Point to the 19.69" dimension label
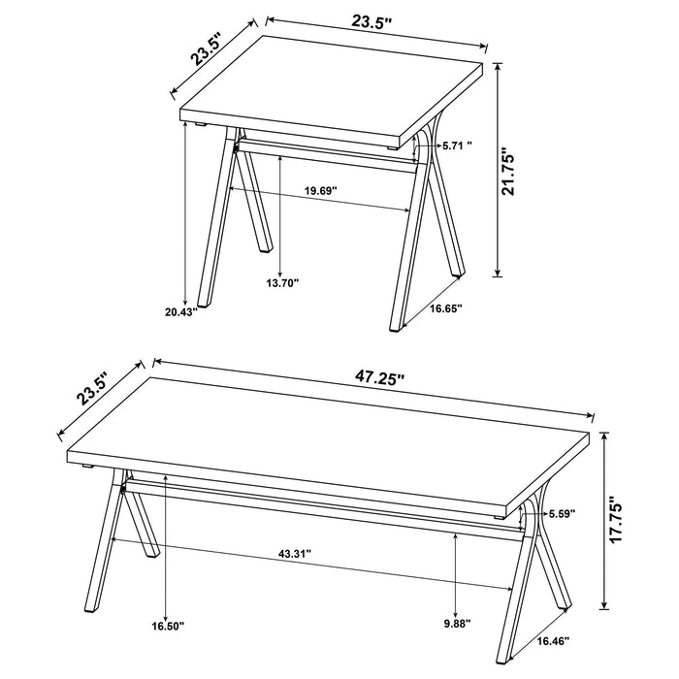point(320,191)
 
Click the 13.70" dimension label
point(282,282)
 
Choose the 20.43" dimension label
point(181,311)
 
